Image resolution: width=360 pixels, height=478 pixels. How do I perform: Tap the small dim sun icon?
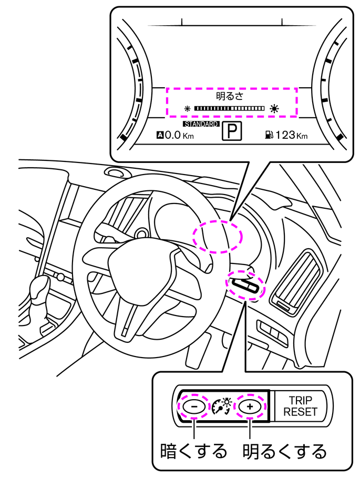187,109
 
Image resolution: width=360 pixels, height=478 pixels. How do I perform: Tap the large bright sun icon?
274,109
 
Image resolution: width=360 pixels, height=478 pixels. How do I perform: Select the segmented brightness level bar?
229,109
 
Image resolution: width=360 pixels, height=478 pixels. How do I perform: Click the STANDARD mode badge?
201,124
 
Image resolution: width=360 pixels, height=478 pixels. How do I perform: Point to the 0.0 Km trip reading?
176,136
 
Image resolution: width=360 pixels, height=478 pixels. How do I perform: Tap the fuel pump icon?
269,135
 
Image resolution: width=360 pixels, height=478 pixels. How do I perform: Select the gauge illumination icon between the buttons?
221,406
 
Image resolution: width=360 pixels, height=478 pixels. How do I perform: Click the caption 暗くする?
193,451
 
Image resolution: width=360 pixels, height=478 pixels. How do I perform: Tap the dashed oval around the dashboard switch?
245,286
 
